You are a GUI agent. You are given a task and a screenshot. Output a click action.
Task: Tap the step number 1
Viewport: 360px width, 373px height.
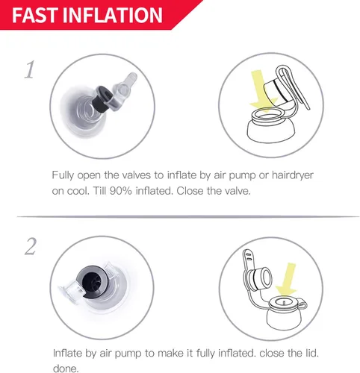point(29,70)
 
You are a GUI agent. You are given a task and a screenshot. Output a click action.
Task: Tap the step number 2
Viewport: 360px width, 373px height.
point(31,246)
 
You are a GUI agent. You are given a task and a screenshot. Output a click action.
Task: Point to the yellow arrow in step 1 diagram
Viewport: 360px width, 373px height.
point(261,92)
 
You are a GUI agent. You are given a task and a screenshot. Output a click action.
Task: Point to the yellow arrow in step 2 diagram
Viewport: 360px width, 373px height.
point(288,280)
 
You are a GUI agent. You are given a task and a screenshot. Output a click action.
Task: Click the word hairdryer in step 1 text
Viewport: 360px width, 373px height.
point(293,175)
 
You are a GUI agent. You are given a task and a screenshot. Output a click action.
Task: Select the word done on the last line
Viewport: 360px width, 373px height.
point(66,368)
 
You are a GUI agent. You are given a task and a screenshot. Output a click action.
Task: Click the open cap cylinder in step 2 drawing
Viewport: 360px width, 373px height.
point(259,278)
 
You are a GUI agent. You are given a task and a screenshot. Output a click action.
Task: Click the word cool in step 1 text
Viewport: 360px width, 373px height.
point(78,191)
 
